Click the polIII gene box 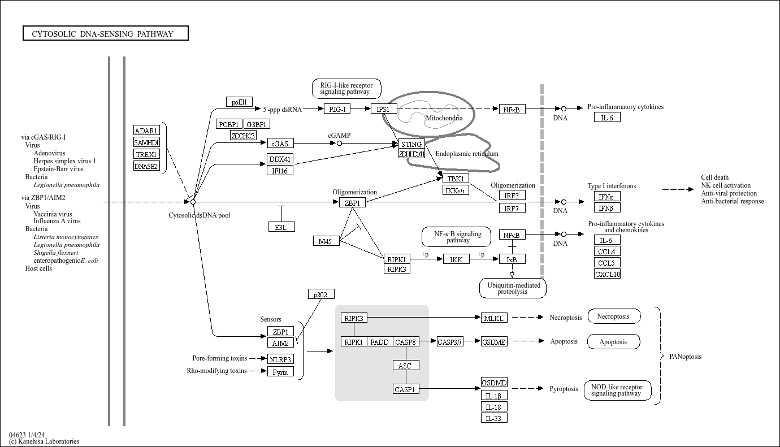[239, 102]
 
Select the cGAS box [280, 144]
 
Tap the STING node [411, 144]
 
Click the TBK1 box [456, 179]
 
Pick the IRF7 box [512, 208]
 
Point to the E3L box [281, 227]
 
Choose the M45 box [326, 241]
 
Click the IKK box [456, 259]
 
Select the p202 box [321, 294]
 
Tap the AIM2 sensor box [280, 343]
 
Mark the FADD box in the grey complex [380, 342]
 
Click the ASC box [406, 365]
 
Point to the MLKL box [494, 318]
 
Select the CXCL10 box [607, 274]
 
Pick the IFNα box [607, 197]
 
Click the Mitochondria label [444, 118]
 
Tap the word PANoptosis [685, 357]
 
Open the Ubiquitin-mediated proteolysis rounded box [513, 288]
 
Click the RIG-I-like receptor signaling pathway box [346, 89]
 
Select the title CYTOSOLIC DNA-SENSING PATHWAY [105, 34]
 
